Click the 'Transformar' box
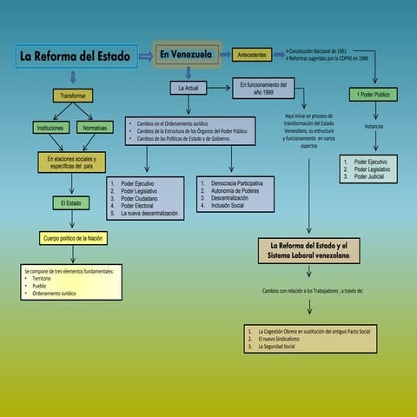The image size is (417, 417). coord(73,94)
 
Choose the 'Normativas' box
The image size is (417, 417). coord(95,128)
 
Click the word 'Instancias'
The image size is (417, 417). coord(374,126)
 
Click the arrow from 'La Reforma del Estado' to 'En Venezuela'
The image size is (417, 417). coord(145,58)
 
